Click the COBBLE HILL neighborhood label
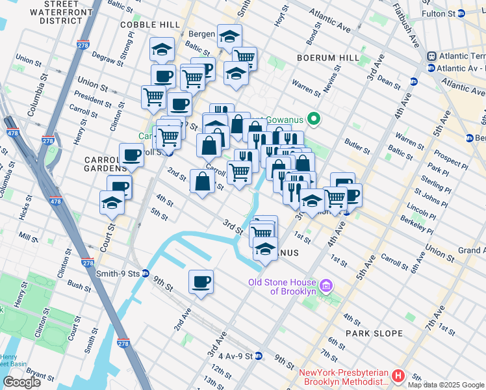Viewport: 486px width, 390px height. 149,25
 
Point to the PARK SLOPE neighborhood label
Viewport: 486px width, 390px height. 375,333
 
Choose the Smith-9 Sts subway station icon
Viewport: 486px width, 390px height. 146,274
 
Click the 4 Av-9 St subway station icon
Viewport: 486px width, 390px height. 258,356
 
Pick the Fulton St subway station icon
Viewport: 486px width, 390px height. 461,13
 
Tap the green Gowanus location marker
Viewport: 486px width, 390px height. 313,118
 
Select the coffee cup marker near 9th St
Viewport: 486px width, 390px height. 201,282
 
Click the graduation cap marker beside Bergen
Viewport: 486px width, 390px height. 229,36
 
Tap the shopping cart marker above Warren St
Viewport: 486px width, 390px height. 244,59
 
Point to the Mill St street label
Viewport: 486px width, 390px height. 29,238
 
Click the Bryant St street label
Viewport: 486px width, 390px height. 40,375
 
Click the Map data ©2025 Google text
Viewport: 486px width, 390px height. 446,385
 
